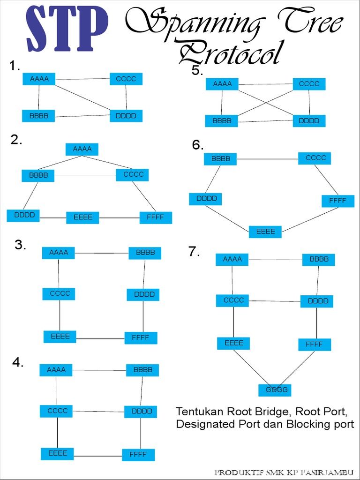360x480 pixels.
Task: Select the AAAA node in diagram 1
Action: point(39,79)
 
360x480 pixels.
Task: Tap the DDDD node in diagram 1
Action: point(126,115)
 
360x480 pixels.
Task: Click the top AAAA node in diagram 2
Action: point(82,149)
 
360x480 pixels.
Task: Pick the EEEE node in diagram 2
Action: point(82,217)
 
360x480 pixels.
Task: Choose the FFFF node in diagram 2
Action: point(156,217)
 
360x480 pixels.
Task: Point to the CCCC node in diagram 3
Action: point(60,294)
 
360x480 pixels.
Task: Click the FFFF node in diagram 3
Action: point(141,337)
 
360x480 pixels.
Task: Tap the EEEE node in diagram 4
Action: point(57,453)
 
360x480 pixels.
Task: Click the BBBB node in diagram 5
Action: point(222,120)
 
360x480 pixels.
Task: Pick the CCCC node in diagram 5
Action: point(309,84)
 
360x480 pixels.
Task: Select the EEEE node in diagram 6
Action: point(265,232)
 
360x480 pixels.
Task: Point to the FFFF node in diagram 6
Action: point(337,201)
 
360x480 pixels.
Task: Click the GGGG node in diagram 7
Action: point(275,390)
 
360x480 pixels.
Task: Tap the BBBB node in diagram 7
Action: point(319,259)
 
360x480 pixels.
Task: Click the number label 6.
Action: point(197,145)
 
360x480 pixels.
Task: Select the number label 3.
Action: point(20,245)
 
